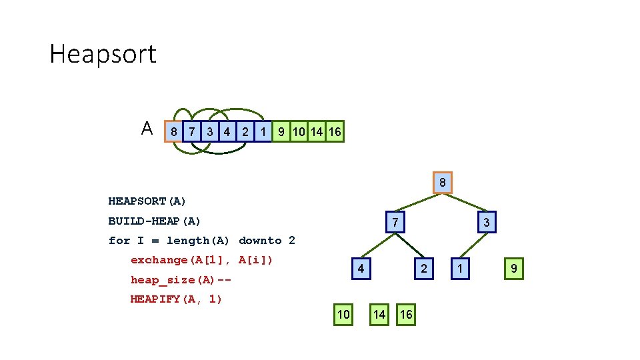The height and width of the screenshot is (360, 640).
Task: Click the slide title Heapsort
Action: coord(103,54)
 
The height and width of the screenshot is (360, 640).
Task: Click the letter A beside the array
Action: coord(147,128)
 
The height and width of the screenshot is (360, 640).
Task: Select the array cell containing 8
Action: coord(174,132)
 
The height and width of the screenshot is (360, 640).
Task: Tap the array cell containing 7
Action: coord(192,132)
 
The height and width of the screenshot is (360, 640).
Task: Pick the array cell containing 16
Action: coord(335,132)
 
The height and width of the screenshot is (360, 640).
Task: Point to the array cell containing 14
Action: coord(317,132)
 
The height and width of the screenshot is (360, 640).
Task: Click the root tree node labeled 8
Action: coord(443,183)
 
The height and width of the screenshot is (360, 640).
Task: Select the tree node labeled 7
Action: coord(395,222)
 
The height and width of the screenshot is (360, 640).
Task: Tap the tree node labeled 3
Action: coord(486,222)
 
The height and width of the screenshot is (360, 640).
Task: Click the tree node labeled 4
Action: coord(361,269)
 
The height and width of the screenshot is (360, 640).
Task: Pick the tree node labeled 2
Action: coord(423,269)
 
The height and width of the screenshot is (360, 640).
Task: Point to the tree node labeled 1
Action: coord(459,269)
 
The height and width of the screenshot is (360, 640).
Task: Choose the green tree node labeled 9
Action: coord(513,269)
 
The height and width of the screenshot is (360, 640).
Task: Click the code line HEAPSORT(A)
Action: coord(147,201)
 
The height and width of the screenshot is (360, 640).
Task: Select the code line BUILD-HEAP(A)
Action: coord(155,221)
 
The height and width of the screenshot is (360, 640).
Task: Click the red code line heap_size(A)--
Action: coord(181,280)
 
